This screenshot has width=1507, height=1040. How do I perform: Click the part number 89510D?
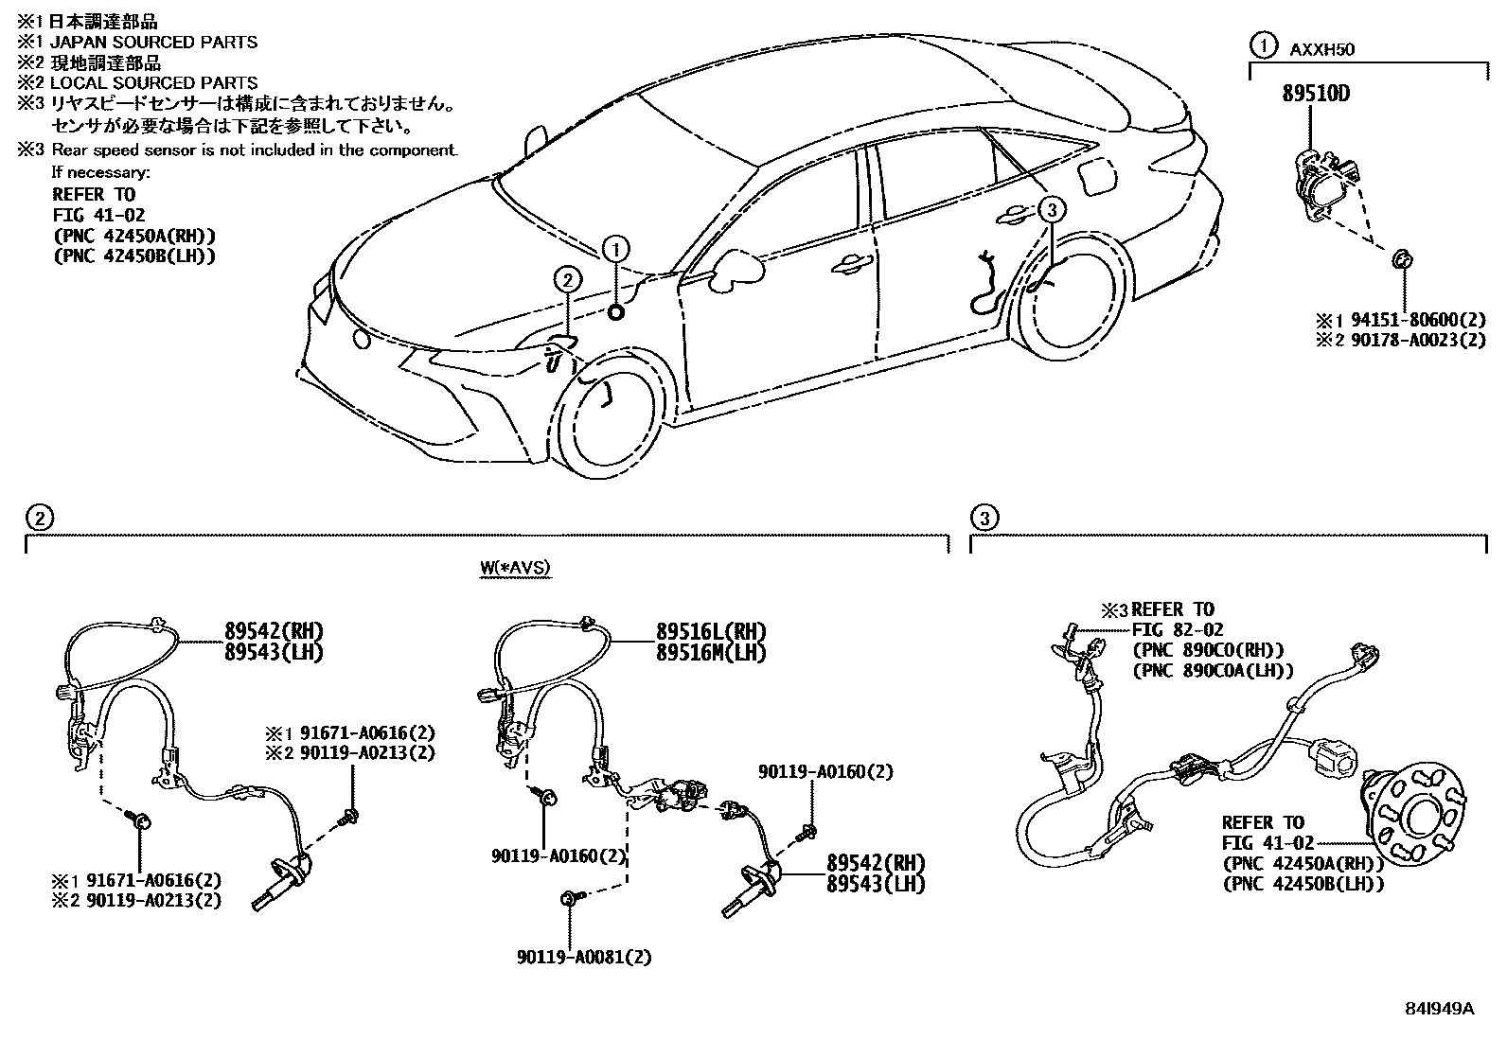[x=1316, y=95]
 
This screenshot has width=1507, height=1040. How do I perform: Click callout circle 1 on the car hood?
[x=615, y=249]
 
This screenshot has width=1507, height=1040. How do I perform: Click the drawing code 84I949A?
[x=1441, y=1009]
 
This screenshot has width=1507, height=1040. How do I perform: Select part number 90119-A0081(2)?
[x=584, y=957]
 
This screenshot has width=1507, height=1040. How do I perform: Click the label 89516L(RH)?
[x=711, y=632]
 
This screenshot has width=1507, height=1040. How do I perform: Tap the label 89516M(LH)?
[x=711, y=653]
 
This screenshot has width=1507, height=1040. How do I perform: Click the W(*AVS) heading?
[x=514, y=568]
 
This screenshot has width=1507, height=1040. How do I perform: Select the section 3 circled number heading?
[x=984, y=518]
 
